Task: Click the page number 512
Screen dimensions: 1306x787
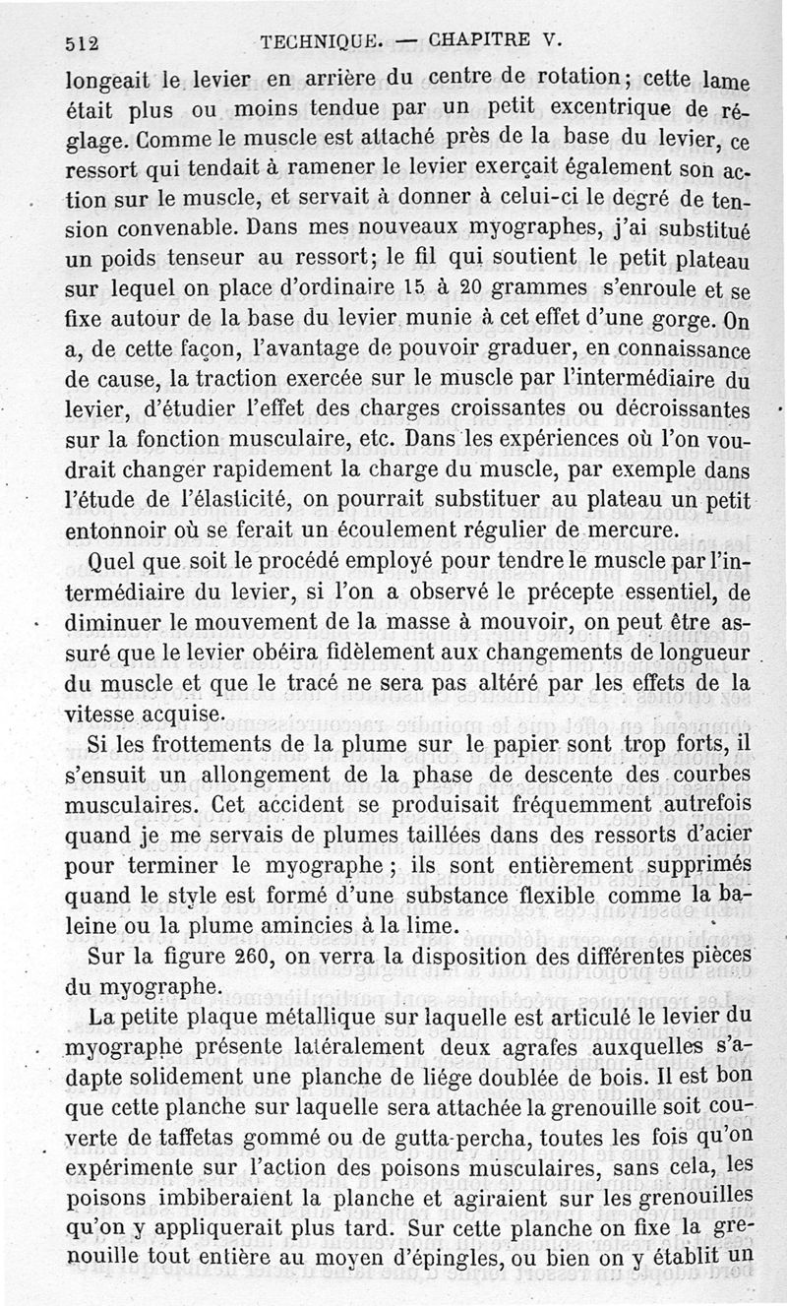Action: [x=85, y=42]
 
